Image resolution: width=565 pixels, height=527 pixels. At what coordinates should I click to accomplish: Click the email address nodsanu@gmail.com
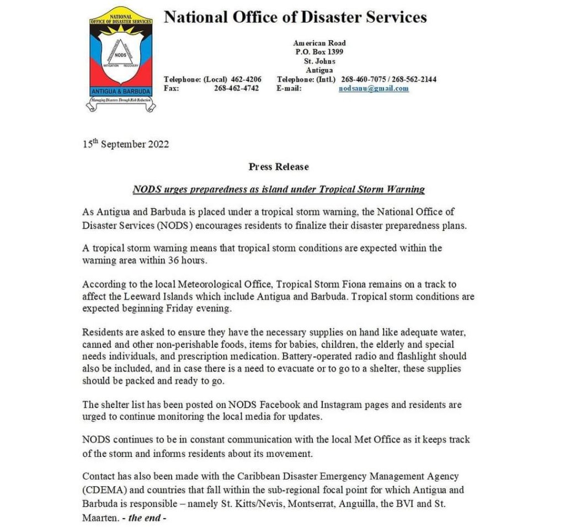coord(374,88)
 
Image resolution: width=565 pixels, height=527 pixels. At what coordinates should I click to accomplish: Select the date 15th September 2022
coord(126,145)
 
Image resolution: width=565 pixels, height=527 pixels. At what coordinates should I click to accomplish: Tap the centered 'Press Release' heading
coord(279,167)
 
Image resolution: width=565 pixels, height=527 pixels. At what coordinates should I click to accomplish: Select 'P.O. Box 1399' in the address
coord(319,52)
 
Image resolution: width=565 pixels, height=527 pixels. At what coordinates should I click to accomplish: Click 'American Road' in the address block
coord(319,43)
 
